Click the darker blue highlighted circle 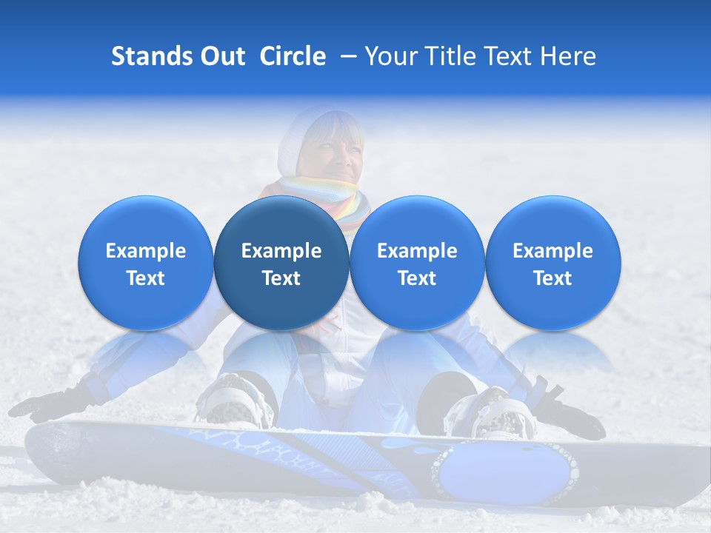(x=281, y=264)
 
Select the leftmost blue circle (x=145, y=264)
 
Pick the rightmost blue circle (x=553, y=264)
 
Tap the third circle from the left (x=417, y=264)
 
